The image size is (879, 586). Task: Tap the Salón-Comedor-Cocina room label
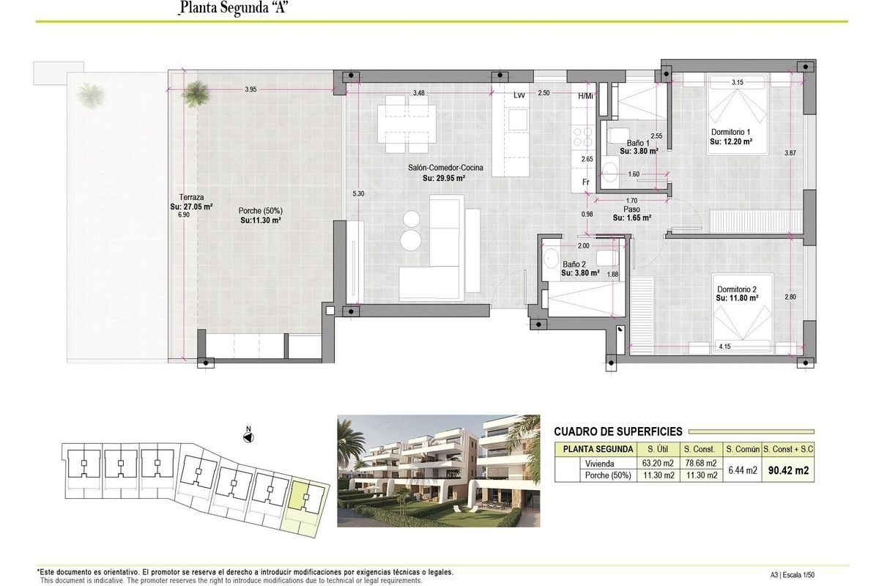pos(445,168)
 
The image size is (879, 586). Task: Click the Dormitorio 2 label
pos(736,288)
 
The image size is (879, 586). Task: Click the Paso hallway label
pos(632,209)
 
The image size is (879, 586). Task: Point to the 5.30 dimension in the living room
pos(357,193)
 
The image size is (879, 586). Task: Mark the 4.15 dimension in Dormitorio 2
pos(726,346)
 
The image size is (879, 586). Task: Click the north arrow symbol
pos(248,437)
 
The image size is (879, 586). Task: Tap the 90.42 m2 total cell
pos(788,471)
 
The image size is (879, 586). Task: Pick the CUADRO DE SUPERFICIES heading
pos(618,432)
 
